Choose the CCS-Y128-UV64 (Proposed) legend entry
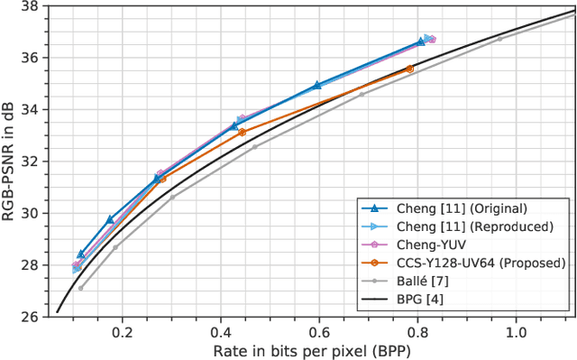click(457, 262)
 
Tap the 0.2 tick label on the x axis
click(122, 331)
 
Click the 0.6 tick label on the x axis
click(319, 331)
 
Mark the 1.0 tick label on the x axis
click(516, 331)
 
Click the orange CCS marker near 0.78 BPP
click(409, 69)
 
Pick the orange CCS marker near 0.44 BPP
click(242, 133)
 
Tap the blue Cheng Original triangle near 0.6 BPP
click(317, 85)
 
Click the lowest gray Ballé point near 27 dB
click(80, 289)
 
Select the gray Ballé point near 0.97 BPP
click(500, 39)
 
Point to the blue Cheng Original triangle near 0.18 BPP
click(110, 219)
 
